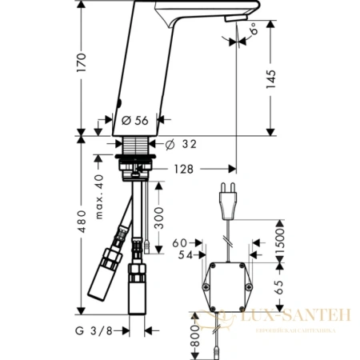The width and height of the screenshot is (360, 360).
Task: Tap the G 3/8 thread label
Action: [x=98, y=330]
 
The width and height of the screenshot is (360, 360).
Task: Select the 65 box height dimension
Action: [x=280, y=288]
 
